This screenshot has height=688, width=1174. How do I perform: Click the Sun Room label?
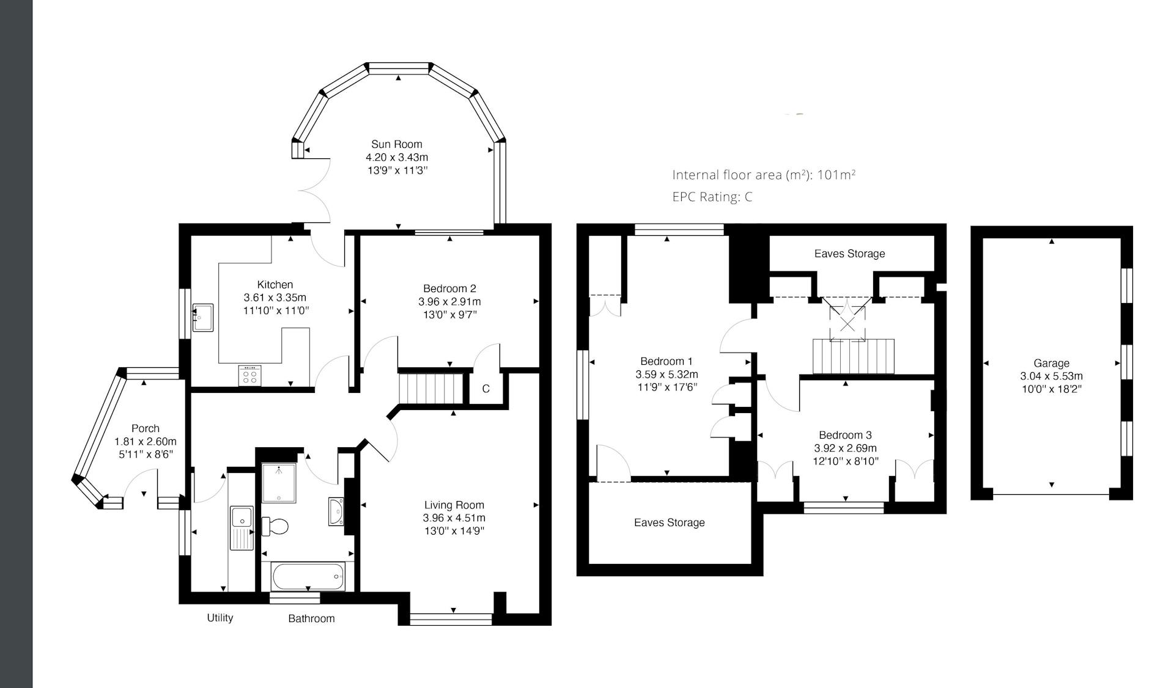click(397, 144)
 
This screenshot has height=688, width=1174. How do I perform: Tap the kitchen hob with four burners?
click(249, 375)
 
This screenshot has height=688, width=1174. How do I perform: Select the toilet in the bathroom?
click(275, 526)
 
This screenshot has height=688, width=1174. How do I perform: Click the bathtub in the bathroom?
click(308, 576)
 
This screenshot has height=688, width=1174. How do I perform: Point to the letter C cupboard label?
click(486, 389)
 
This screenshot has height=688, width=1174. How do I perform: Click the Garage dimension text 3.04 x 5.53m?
click(1051, 376)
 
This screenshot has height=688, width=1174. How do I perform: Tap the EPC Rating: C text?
click(712, 197)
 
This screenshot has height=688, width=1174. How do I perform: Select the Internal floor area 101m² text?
click(764, 175)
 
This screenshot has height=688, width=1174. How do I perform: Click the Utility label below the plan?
click(220, 618)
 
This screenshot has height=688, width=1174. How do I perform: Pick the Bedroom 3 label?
click(845, 435)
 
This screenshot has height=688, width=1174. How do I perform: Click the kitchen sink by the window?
click(203, 317)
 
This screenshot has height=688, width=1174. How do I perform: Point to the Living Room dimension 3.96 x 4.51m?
click(454, 518)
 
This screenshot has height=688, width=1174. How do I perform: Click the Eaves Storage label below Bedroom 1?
click(670, 522)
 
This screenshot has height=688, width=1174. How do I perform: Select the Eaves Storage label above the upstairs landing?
click(849, 254)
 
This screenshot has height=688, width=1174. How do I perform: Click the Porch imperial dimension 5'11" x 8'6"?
click(146, 455)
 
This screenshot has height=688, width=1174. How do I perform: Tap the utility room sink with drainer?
click(243, 528)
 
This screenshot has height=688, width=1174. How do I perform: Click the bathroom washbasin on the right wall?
click(336, 511)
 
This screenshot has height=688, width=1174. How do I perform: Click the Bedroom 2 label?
click(449, 288)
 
